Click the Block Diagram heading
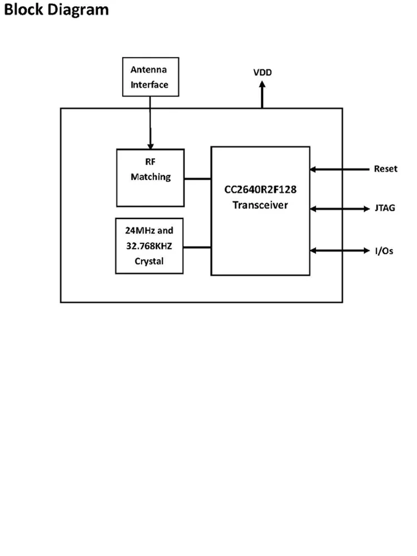56,10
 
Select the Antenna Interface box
150,77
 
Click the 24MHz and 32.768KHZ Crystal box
149,246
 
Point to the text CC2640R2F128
260,190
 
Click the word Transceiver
260,205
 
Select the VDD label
262,73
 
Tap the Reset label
385,169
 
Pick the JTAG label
384,209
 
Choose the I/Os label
383,251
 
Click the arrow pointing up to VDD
262,95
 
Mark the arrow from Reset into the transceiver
339,169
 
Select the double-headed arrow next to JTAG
339,209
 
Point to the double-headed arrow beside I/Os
339,251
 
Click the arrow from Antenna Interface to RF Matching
150,122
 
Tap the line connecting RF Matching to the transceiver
197,178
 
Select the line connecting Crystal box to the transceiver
197,246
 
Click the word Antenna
149,70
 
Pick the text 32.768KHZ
149,246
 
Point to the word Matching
150,177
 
